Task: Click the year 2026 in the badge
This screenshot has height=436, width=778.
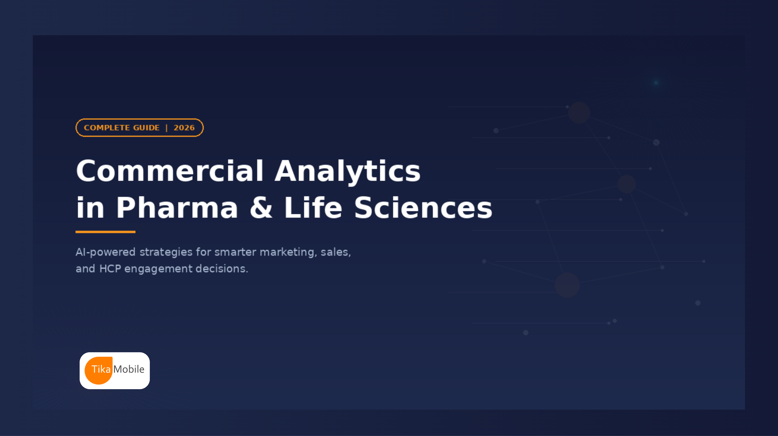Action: [184, 128]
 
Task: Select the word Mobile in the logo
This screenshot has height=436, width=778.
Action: [129, 369]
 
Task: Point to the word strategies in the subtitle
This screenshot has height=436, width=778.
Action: [166, 252]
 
